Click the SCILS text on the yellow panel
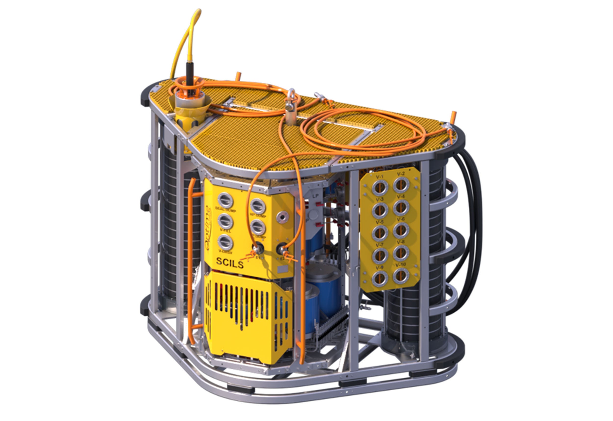(x=229, y=263)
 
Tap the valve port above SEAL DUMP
(x=225, y=200)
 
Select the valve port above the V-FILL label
(x=225, y=221)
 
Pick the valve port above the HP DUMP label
(x=258, y=206)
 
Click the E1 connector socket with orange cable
(x=255, y=248)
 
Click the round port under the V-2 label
(x=401, y=185)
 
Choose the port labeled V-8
(x=401, y=253)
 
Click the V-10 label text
(x=400, y=265)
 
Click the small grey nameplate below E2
(x=282, y=269)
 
